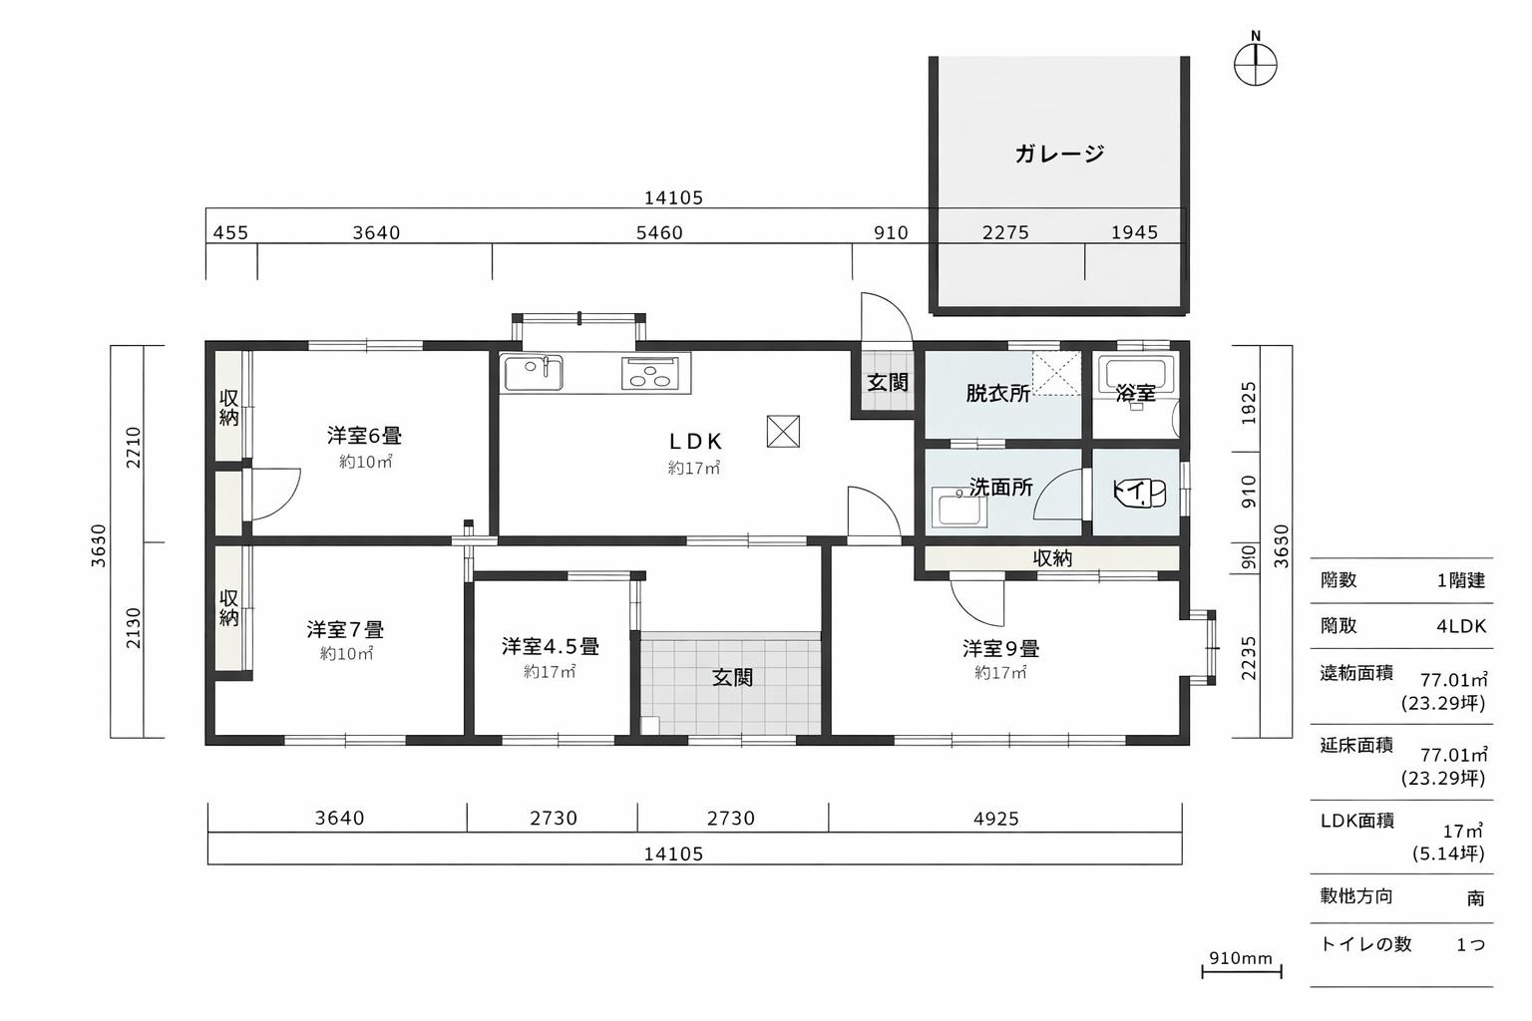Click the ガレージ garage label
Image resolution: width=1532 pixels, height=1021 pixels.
pyautogui.click(x=1059, y=154)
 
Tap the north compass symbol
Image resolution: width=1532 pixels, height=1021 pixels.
pyautogui.click(x=1255, y=66)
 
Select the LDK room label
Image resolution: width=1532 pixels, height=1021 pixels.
pyautogui.click(x=694, y=441)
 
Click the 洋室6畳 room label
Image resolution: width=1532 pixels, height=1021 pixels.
pyautogui.click(x=364, y=436)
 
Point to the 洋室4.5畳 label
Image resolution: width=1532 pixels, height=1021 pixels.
pyautogui.click(x=550, y=647)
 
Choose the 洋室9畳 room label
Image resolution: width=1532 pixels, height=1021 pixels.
pyautogui.click(x=1000, y=649)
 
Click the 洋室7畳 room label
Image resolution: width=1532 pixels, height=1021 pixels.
pyautogui.click(x=345, y=630)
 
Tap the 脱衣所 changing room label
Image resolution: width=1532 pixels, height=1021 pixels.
pyautogui.click(x=997, y=393)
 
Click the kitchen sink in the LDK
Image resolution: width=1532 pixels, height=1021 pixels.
pyautogui.click(x=533, y=374)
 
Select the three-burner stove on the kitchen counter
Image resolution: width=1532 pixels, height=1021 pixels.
pyautogui.click(x=654, y=374)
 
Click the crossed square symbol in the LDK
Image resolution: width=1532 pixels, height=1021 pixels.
pyautogui.click(x=782, y=431)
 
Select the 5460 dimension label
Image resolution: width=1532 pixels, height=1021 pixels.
pyautogui.click(x=659, y=233)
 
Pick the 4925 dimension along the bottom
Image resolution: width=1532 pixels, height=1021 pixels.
pyautogui.click(x=995, y=819)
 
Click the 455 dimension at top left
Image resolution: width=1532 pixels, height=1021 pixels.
pyautogui.click(x=230, y=233)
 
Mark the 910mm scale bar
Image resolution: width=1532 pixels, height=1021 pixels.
pyautogui.click(x=1241, y=967)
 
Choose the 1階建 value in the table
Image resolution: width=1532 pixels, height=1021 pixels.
pyautogui.click(x=1460, y=580)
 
